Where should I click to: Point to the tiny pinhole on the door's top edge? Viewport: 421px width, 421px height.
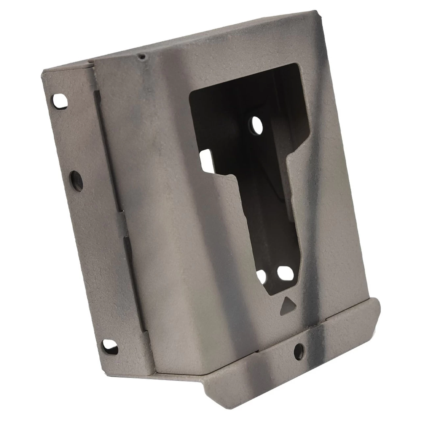[141, 57]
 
